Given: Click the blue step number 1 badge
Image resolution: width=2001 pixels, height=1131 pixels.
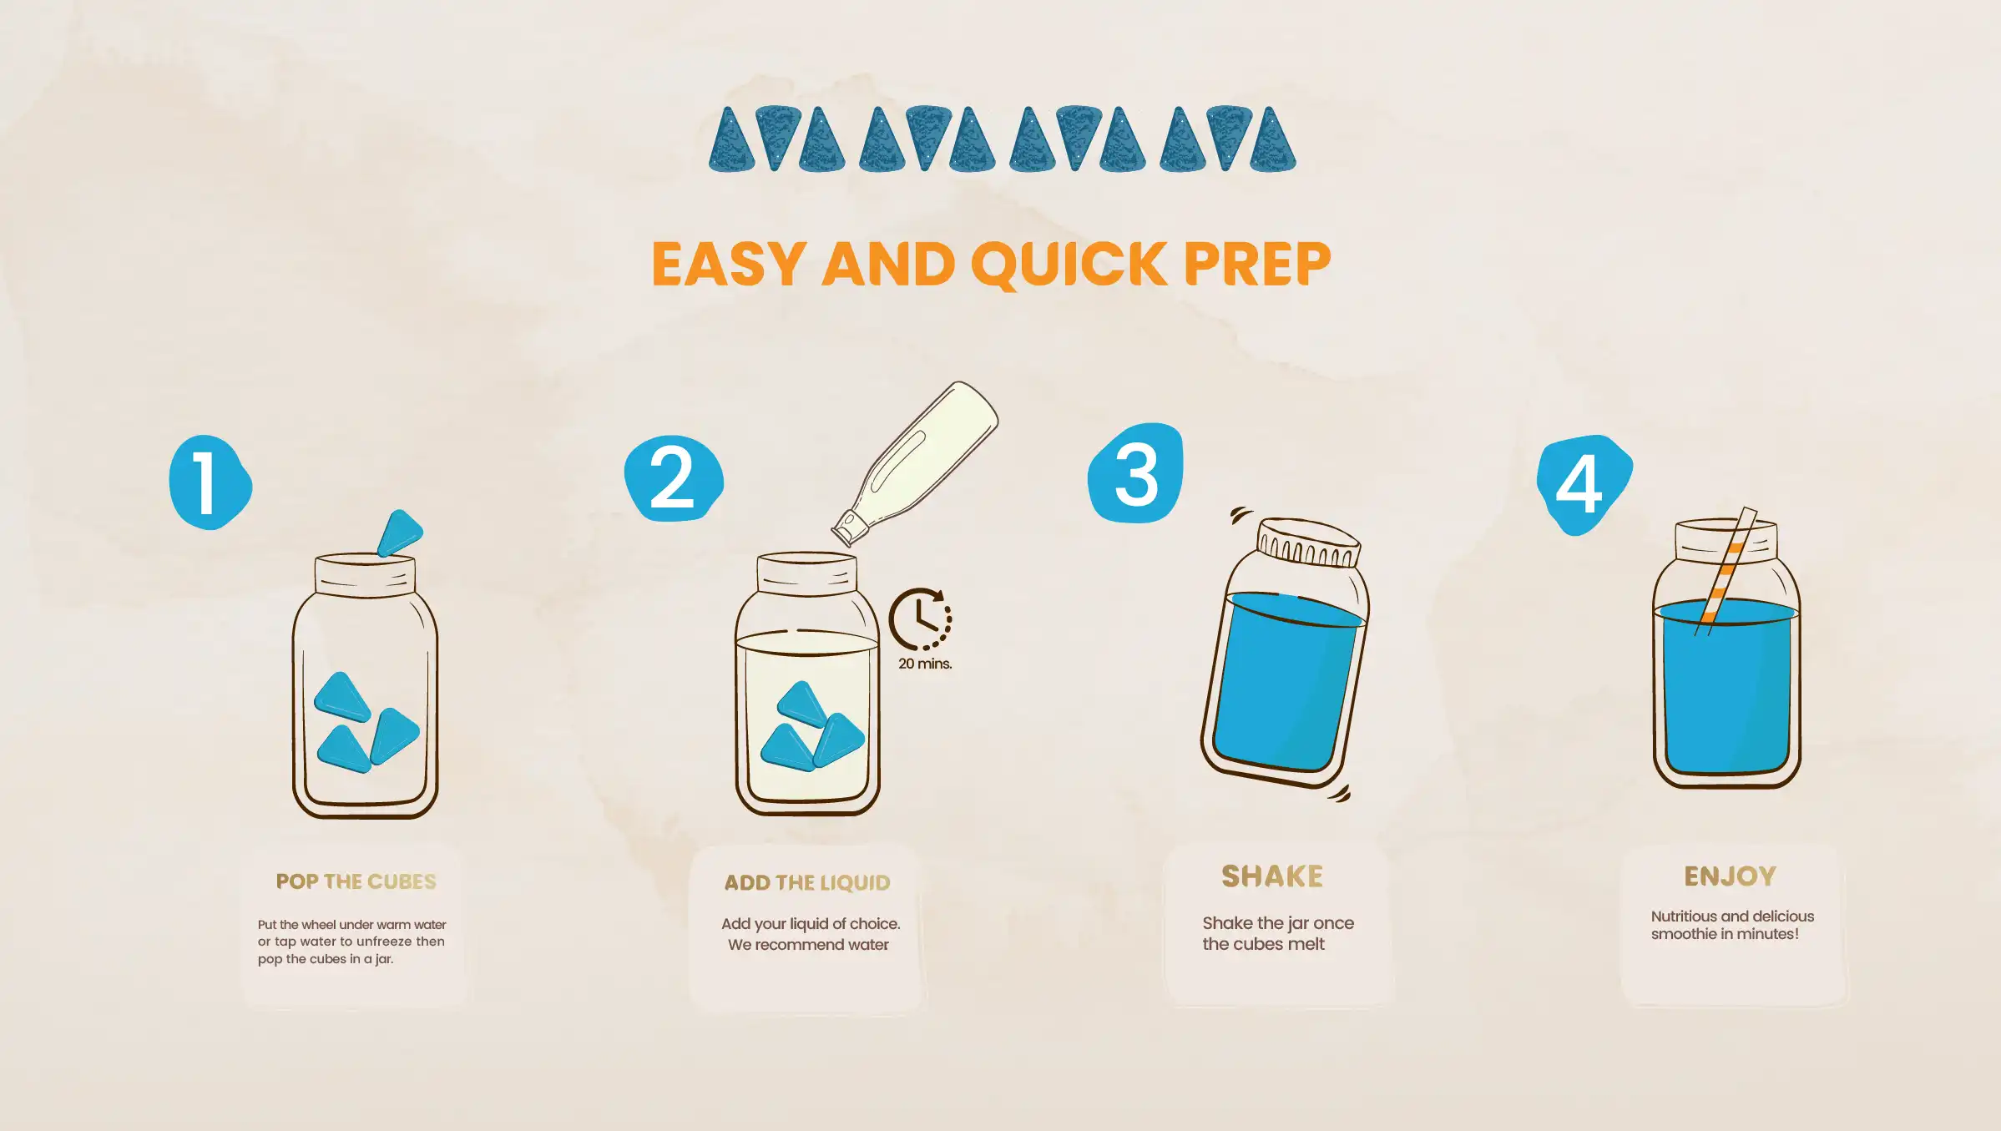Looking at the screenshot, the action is click(x=210, y=482).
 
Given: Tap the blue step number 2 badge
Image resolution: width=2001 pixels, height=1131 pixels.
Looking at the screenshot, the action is click(x=674, y=478).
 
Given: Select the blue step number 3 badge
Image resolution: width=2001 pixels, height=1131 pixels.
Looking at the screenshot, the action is click(x=1136, y=473).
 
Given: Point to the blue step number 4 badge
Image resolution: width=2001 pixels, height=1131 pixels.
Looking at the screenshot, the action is click(x=1584, y=484).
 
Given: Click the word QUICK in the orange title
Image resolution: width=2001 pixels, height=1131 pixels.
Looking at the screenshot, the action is click(x=1069, y=265).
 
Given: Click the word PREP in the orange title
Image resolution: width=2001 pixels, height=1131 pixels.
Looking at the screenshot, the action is click(x=1256, y=265).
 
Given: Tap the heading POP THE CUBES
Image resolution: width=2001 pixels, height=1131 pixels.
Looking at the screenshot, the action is click(x=356, y=881).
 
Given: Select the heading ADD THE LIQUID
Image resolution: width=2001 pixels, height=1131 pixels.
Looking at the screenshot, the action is click(x=807, y=882).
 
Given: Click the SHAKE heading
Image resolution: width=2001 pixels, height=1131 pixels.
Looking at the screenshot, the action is click(x=1272, y=876).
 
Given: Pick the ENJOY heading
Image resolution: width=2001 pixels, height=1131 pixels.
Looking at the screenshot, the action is click(x=1730, y=876).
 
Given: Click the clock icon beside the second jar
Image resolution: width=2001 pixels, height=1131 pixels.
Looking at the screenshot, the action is click(x=920, y=619).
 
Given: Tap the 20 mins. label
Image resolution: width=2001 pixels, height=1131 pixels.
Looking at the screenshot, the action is click(x=925, y=664).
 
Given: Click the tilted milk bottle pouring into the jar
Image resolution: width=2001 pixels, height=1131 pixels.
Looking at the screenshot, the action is click(x=916, y=463).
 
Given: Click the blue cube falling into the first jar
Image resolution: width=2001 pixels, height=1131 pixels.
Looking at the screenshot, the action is click(x=400, y=533).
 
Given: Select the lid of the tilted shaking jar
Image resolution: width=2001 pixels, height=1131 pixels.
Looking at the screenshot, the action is click(x=1308, y=543).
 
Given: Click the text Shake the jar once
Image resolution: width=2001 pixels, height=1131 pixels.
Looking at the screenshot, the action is click(x=1278, y=923).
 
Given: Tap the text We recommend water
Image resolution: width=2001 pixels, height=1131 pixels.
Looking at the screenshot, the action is click(x=808, y=945).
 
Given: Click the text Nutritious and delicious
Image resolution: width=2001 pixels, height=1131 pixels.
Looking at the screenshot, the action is click(x=1732, y=916).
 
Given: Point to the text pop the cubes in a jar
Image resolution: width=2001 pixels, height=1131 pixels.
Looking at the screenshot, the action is click(x=326, y=959).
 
